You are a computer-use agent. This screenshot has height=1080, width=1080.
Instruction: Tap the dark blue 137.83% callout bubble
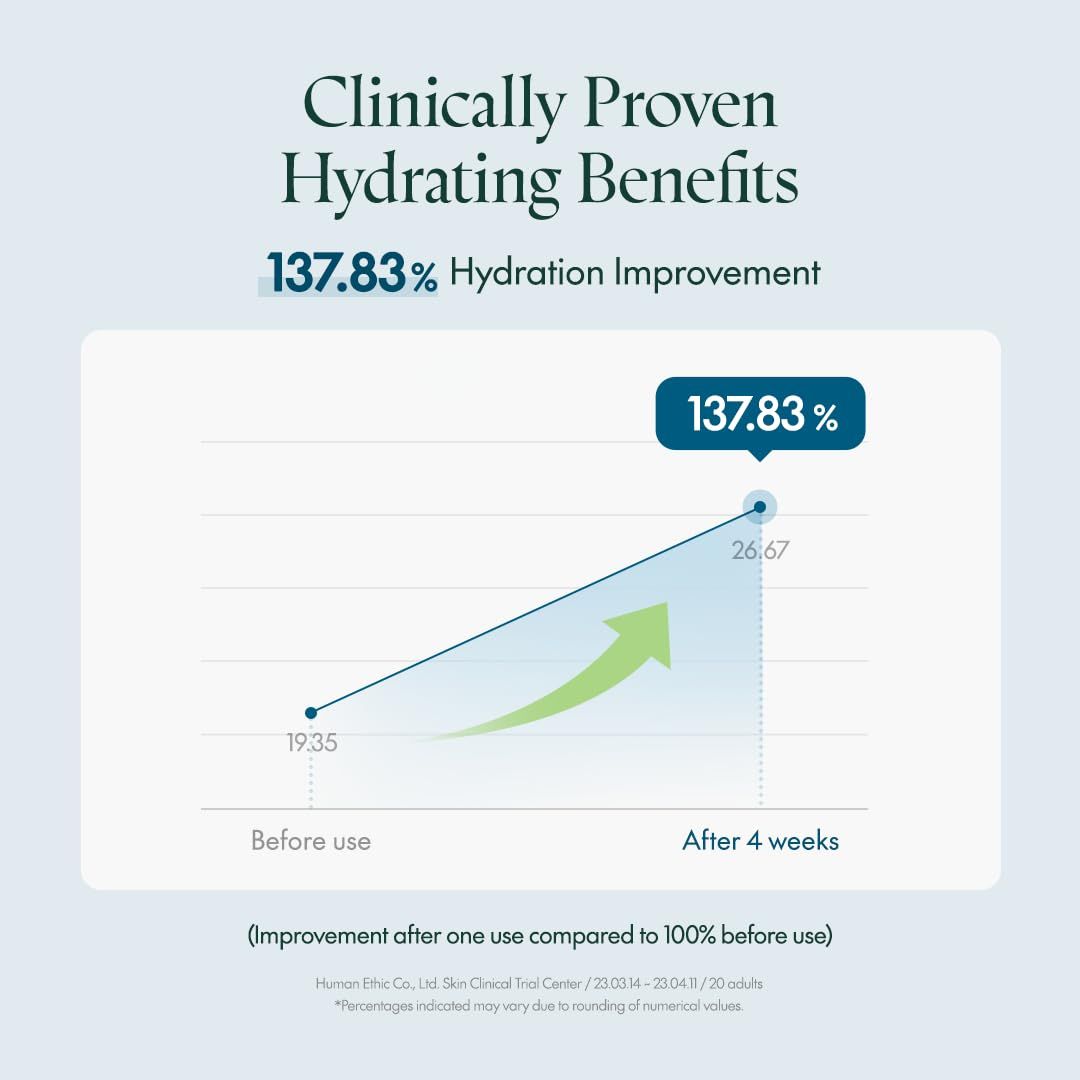[760, 413]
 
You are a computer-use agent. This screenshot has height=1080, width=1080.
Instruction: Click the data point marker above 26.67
[760, 507]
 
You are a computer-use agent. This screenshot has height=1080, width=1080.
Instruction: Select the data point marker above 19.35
[311, 712]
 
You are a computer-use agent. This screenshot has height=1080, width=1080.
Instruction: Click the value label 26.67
[760, 550]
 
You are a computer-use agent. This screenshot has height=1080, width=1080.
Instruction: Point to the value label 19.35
[311, 743]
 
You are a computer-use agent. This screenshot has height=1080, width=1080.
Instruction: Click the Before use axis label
[310, 841]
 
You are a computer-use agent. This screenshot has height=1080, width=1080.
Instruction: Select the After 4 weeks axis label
[760, 841]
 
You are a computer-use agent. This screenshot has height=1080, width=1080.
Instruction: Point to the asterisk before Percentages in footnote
[338, 1005]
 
